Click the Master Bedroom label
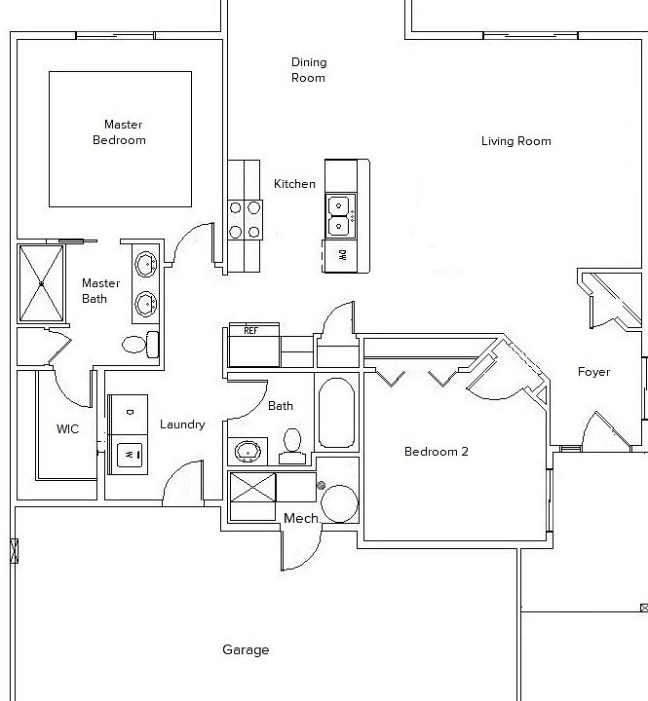point(119,132)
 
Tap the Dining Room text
point(308,70)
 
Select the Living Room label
point(515,141)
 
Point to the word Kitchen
point(294,184)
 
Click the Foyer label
point(593,372)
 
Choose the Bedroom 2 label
point(437,452)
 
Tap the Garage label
point(246,650)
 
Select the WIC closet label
point(67,429)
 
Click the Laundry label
point(182,424)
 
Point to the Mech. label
point(301,519)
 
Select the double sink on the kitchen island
point(340,215)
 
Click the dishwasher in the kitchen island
point(342,256)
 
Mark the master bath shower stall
point(42,283)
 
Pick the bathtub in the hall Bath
point(337,413)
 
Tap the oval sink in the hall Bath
point(249,451)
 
